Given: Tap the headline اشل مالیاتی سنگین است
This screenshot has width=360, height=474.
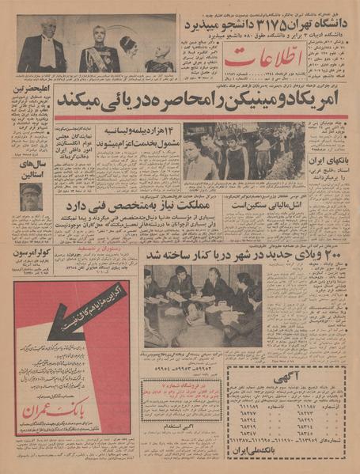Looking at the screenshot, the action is [x=262, y=204].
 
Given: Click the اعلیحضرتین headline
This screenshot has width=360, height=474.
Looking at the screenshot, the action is [x=33, y=89].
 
